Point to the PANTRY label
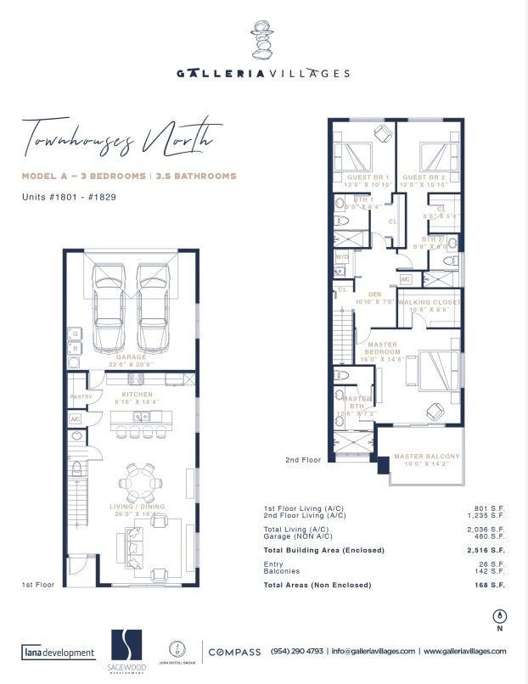coord(80,396)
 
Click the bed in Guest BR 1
coord(352,159)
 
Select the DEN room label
coord(374,294)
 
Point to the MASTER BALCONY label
coord(427,457)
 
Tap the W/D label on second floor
coord(342,255)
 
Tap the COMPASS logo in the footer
coord(234,652)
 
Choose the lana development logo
coord(58,653)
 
